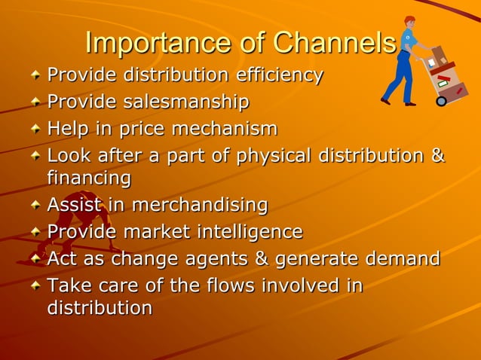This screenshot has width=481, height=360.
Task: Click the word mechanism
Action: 225,129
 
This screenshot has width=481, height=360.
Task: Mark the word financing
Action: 89,178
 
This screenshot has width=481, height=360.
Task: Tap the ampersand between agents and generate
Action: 259,258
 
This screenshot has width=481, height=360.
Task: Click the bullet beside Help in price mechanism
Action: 35,130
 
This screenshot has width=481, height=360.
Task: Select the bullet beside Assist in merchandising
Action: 35,206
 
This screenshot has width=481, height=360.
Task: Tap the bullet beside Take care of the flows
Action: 35,286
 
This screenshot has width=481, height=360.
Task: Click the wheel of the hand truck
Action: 441,101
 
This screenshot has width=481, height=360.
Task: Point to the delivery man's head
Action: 409,23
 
